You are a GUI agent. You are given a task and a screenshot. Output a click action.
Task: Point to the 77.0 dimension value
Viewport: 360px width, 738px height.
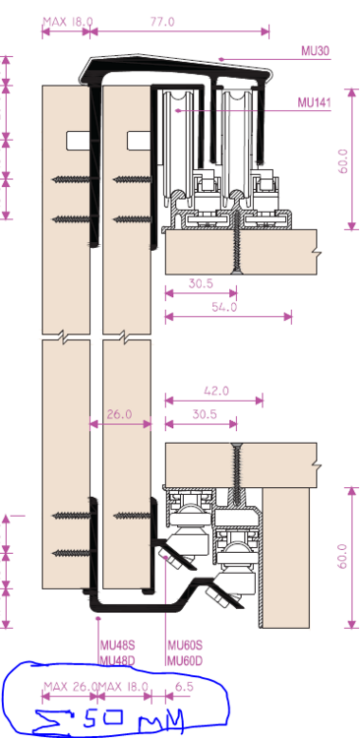(x=160, y=21)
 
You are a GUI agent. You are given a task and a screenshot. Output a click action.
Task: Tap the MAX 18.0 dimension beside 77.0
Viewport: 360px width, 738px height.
(x=68, y=21)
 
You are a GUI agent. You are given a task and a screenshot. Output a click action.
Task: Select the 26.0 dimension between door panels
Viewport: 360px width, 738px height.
(x=119, y=415)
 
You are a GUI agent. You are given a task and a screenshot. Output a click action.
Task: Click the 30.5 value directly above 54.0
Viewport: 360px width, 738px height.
(x=201, y=283)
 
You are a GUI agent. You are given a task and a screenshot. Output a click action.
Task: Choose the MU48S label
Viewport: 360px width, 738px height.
(x=117, y=646)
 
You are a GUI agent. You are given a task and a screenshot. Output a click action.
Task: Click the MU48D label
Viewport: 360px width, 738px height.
(x=117, y=659)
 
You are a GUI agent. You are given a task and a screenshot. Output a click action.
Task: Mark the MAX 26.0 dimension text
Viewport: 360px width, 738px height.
(x=69, y=686)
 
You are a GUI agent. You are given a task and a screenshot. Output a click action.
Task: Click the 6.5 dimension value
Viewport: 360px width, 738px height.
(x=184, y=686)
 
